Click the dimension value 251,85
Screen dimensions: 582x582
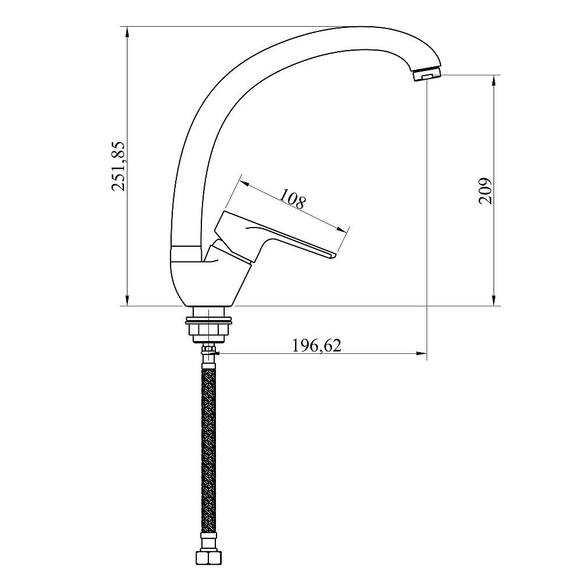coord(119,166)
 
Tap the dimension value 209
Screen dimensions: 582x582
coord(485,191)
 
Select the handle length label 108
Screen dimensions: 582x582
coord(293,198)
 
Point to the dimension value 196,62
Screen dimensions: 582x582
coord(317,346)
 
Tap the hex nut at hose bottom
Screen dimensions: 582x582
coord(208,558)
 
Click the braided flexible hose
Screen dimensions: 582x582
coord(208,450)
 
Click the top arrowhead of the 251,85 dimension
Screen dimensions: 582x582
coord(127,32)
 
